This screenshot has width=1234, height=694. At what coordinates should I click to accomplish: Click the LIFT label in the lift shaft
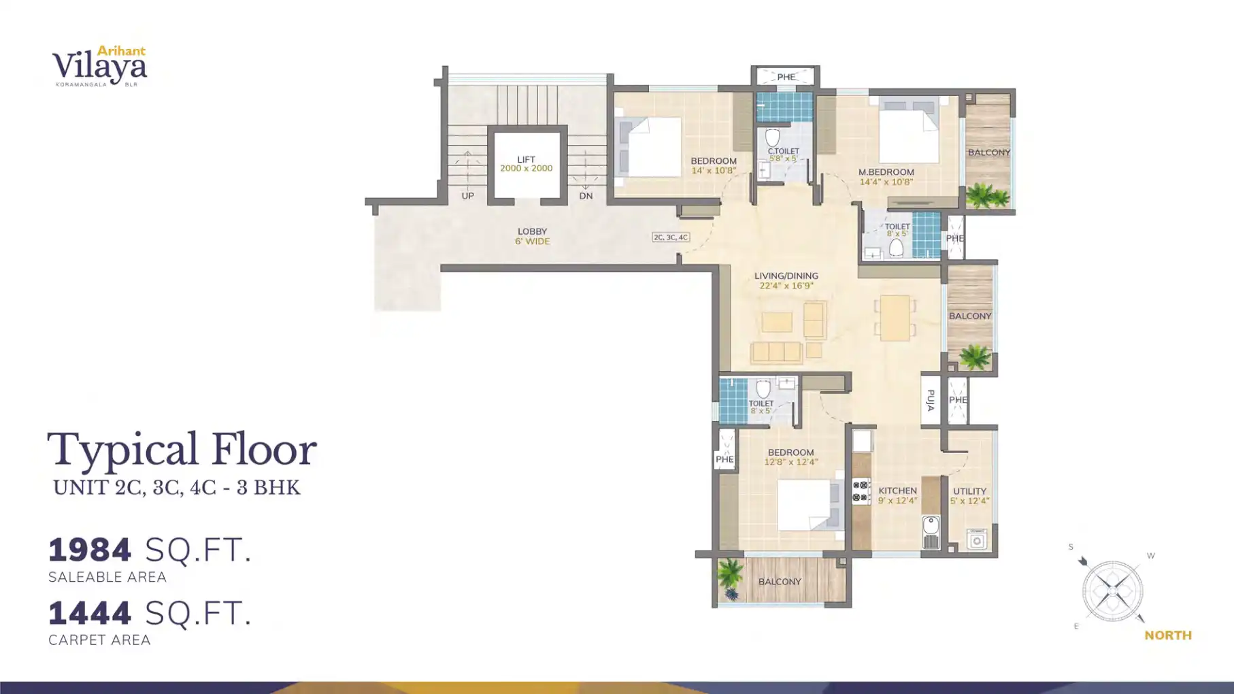(526, 160)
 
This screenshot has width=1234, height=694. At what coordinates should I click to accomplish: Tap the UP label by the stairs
(467, 196)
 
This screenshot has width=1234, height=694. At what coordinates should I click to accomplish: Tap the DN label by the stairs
(586, 196)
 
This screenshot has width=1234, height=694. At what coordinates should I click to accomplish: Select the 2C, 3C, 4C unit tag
(671, 237)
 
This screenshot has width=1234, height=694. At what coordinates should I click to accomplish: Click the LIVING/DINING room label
(786, 276)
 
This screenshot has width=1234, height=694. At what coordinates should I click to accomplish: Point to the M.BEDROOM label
(886, 172)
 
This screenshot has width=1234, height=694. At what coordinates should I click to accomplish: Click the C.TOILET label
(783, 151)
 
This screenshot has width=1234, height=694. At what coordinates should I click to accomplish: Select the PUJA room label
(930, 400)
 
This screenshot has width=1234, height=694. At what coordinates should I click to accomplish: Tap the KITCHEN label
(897, 491)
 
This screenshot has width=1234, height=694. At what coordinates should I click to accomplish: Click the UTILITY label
(969, 491)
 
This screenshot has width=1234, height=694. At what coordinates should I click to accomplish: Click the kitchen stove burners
(861, 491)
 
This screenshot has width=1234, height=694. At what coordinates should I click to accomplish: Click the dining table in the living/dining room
(895, 318)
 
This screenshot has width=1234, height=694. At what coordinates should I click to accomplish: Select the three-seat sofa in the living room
(776, 352)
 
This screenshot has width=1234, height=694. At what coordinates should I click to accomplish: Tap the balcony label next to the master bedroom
(988, 152)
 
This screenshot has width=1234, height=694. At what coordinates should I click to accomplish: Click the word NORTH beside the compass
(1167, 635)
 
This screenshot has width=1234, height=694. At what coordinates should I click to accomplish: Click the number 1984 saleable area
(90, 550)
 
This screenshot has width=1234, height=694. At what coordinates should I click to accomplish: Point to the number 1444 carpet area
(90, 613)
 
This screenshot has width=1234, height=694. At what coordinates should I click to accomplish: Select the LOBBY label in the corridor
(532, 231)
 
